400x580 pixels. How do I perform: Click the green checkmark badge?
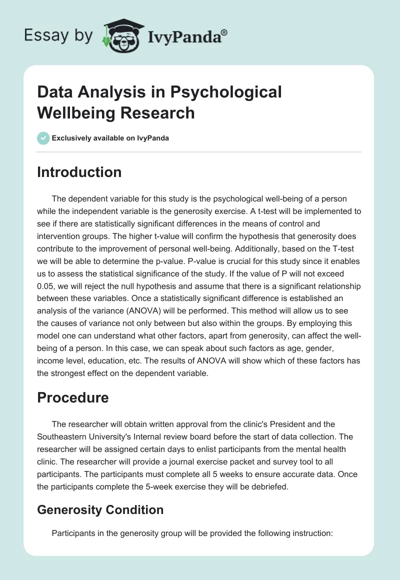(43, 138)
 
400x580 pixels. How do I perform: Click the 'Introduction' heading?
(79, 172)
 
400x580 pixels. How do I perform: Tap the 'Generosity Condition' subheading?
(100, 510)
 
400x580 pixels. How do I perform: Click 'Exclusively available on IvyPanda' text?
(110, 138)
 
